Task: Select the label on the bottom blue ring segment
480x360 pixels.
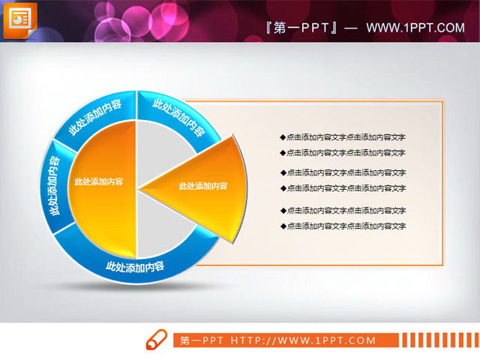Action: [136, 265]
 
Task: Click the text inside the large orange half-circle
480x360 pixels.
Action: [99, 181]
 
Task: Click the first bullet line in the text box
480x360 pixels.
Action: [343, 137]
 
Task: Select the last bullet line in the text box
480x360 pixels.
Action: [343, 226]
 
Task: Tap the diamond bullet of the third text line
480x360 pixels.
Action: [283, 172]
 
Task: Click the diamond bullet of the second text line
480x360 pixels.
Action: [283, 153]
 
